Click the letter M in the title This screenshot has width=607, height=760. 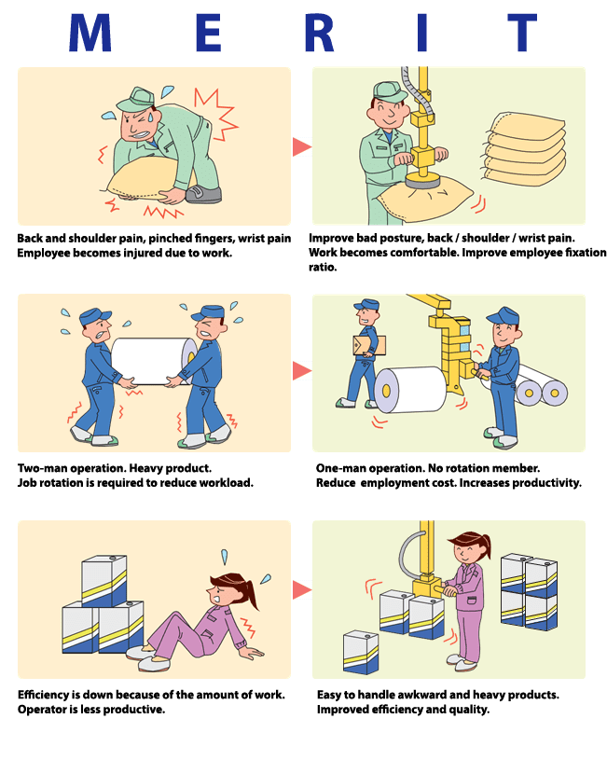click(90, 33)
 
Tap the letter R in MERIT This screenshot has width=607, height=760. click(319, 33)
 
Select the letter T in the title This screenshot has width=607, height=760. click(522, 33)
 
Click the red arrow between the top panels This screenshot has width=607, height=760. click(301, 146)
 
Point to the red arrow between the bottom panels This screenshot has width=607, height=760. click(301, 590)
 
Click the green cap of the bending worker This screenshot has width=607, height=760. click(135, 99)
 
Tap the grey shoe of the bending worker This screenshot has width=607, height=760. click(203, 194)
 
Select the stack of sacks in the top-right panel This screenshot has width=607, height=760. click(525, 149)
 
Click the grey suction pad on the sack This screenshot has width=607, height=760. click(422, 181)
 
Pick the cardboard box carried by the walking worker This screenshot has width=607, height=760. click(369, 346)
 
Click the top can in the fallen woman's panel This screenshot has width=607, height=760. click(104, 580)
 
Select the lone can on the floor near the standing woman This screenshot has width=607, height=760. click(361, 652)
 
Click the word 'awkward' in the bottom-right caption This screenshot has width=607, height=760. click(421, 695)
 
